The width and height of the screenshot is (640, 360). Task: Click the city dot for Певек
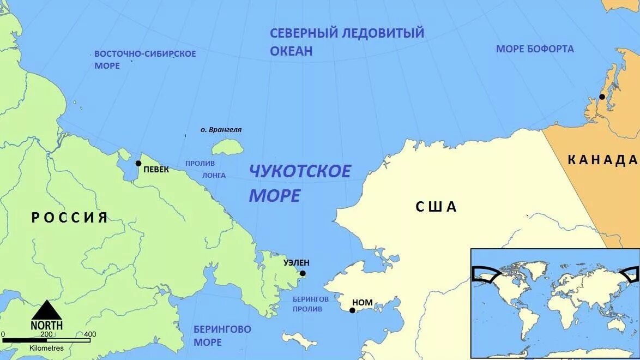pos(138,163)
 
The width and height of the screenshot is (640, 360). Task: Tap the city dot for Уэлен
pos(303,273)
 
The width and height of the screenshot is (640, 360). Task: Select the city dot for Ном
pos(352,310)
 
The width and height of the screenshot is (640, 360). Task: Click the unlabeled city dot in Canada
pos(602,97)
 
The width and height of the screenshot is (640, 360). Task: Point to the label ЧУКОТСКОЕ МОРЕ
pos(299,183)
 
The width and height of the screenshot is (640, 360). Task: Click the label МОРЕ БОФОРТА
pos(535,49)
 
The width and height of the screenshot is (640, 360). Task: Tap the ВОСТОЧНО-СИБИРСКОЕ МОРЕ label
pos(145,59)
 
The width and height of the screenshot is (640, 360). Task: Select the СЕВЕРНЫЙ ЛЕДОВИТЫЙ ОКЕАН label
pos(347,41)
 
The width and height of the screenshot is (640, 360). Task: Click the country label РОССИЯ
pos(70,218)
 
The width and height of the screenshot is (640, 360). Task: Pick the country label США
pos(436,207)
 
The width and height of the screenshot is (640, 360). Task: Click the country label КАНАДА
pos(602,160)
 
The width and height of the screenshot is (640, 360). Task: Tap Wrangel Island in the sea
pos(227,147)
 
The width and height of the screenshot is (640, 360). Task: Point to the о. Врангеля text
pos(221,130)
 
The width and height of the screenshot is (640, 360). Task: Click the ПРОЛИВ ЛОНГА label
pos(206,169)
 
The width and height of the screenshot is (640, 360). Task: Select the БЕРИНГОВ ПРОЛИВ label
pos(310,304)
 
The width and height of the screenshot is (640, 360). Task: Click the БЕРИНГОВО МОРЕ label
pos(222,335)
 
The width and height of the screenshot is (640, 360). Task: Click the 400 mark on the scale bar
pos(90,334)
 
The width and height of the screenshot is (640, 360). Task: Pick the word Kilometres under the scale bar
pos(46,348)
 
